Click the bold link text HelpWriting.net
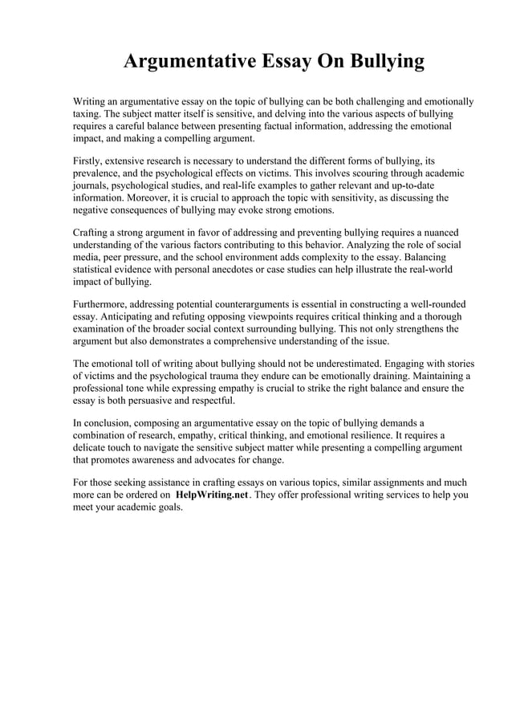(x=211, y=495)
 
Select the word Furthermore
(x=106, y=305)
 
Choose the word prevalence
(x=100, y=173)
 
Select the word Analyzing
(x=347, y=246)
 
